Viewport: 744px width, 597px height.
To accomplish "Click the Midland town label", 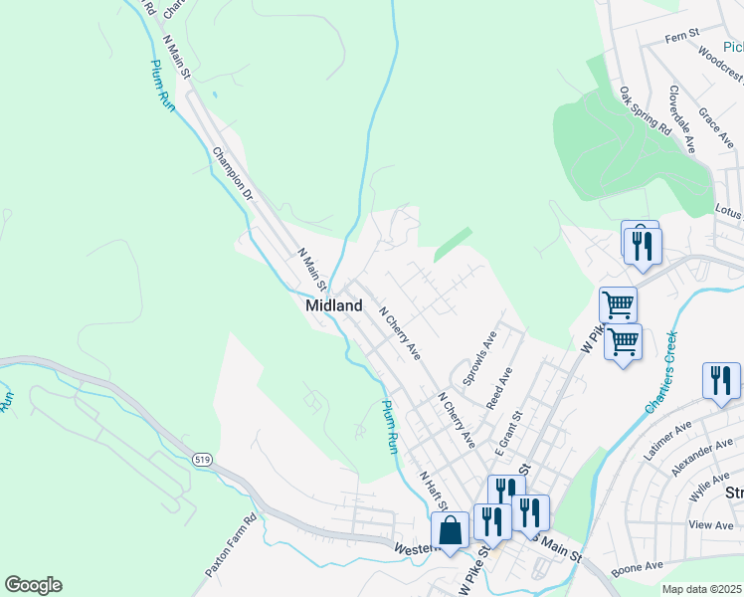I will [333, 306].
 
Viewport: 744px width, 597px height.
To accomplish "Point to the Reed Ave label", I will [499, 388].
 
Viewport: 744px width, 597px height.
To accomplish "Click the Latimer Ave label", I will [667, 440].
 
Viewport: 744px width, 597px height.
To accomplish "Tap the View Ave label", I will [710, 523].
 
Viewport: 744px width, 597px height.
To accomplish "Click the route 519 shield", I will [202, 459].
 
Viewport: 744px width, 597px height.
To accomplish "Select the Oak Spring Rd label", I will [646, 110].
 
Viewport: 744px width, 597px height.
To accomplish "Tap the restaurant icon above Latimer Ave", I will [720, 380].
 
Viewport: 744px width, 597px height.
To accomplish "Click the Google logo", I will [33, 585].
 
